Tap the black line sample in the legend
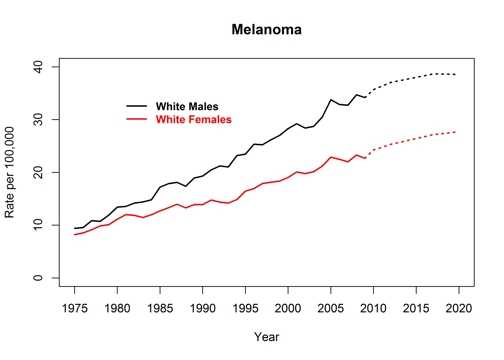(x=139, y=106)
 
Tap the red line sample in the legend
(x=139, y=119)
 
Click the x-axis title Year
(x=266, y=336)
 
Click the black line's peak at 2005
(x=331, y=100)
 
